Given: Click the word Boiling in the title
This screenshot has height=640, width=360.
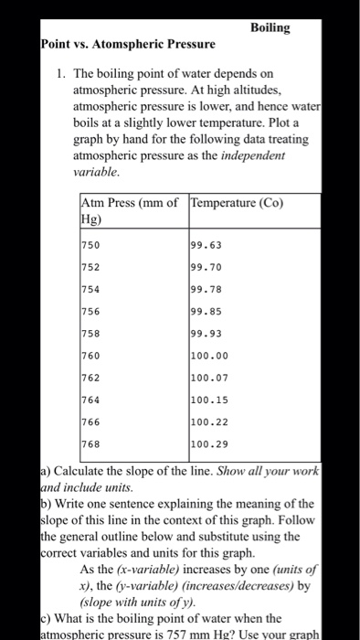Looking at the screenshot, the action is (x=270, y=28).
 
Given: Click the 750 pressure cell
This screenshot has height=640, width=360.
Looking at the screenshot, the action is (x=92, y=246).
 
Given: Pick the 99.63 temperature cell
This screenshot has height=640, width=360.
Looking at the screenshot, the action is (x=205, y=246).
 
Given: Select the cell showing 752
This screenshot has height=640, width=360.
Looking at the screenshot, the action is (x=92, y=268).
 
